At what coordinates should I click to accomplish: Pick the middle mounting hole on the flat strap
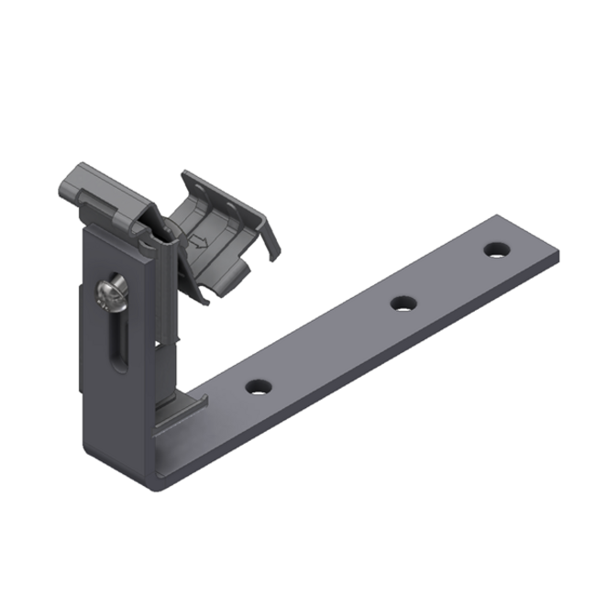click(401, 303)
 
